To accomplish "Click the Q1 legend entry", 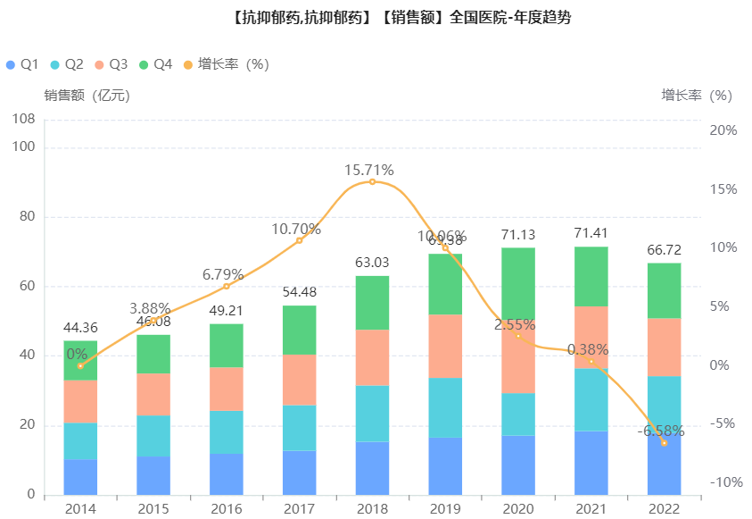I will point(22,64).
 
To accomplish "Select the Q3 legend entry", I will point(111,64).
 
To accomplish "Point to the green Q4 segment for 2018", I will point(372,303).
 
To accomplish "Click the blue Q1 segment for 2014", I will point(80,477).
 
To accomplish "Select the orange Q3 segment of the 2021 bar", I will point(591,337).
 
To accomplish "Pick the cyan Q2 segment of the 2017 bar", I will point(299,428).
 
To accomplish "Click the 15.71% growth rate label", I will point(369,170).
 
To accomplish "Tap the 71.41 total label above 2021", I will point(591,234).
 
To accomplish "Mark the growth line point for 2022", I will point(665,442).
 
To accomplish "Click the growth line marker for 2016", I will point(227,286).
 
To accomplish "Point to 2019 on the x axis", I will point(445,508).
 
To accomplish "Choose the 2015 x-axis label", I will point(153,508).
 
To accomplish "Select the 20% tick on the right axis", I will point(723,130).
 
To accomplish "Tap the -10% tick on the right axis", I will point(723,482).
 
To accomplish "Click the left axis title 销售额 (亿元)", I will point(87,95).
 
